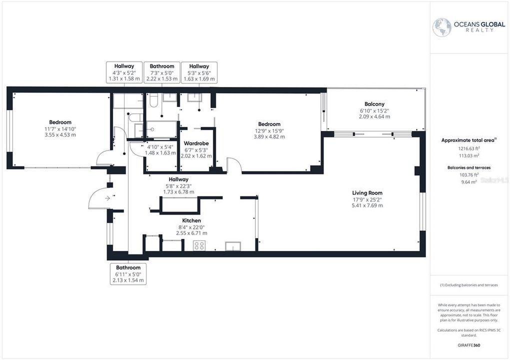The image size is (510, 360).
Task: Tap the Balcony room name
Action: pyautogui.click(x=374, y=104)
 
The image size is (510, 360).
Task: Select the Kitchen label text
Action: pyautogui.click(x=191, y=220)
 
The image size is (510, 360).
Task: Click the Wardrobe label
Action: pyautogui.click(x=195, y=143)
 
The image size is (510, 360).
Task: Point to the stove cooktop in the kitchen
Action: pyautogui.click(x=199, y=245)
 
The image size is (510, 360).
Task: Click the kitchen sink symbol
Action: pyautogui.click(x=233, y=245)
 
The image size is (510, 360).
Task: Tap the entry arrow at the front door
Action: pyautogui.click(x=107, y=198)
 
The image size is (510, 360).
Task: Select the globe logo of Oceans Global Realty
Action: pyautogui.click(x=441, y=27)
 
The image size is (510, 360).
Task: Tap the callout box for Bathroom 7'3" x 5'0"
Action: pyautogui.click(x=161, y=72)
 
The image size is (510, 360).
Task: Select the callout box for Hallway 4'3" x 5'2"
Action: pyautogui.click(x=124, y=72)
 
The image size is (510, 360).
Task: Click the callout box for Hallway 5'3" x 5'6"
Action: pyautogui.click(x=199, y=72)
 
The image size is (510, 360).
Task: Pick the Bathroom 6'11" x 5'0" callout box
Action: pyautogui.click(x=128, y=274)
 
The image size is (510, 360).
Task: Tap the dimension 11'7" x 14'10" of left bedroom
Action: pyautogui.click(x=60, y=128)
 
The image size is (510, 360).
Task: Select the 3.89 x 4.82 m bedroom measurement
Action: pyautogui.click(x=269, y=136)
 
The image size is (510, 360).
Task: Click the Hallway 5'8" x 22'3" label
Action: pyautogui.click(x=178, y=185)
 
